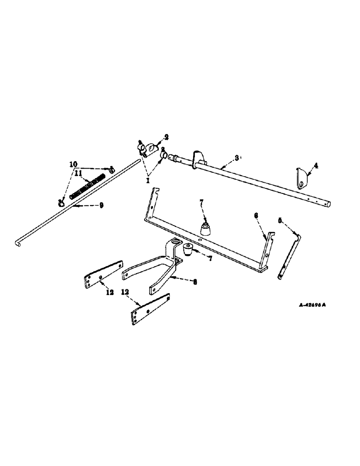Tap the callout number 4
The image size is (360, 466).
pyautogui.click(x=316, y=165)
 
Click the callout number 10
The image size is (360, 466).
pyautogui.click(x=73, y=164)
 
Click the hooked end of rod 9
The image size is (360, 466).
pyautogui.click(x=17, y=242)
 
